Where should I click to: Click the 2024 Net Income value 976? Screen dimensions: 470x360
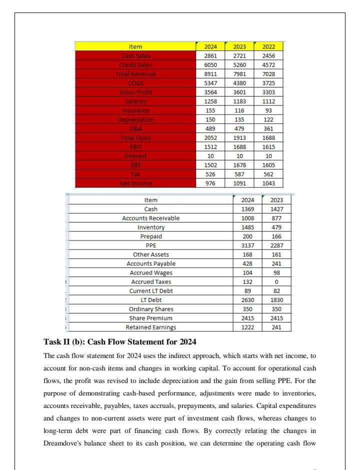(x=210, y=183)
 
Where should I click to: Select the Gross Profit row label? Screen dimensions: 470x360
(x=135, y=92)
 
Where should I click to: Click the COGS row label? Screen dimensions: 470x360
(x=135, y=83)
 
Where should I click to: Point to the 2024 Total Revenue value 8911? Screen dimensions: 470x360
(x=210, y=74)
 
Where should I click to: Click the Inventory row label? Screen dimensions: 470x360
(x=150, y=227)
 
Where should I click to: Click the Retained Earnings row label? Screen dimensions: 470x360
(x=150, y=327)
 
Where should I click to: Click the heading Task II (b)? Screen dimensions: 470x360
(x=120, y=342)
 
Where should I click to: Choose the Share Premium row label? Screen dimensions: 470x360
(x=150, y=318)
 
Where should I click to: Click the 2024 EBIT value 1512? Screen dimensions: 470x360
(x=210, y=146)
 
